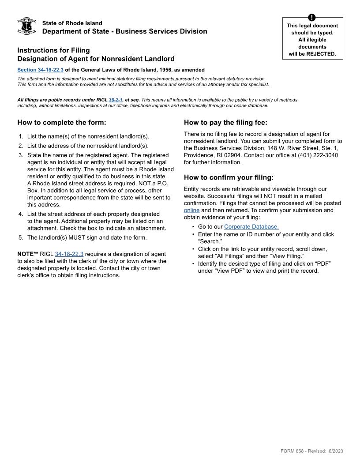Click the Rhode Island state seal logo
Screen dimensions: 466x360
tap(26, 26)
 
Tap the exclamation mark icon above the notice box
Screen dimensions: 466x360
tap(312, 18)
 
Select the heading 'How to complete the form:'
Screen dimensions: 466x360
tap(61, 123)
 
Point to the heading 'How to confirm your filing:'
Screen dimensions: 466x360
tap(229, 177)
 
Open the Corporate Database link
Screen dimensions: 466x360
tap(251, 227)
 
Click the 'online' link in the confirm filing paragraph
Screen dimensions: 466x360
tap(191, 210)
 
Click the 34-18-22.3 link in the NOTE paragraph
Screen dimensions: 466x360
tap(69, 254)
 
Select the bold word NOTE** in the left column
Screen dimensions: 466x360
tap(28, 254)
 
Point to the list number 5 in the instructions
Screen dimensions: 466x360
tap(21, 237)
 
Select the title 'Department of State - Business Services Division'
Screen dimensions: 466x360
tap(124, 31)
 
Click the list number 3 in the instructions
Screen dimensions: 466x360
tap(21, 155)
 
